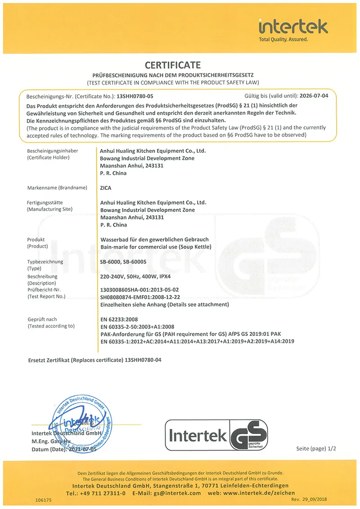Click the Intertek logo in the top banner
pyautogui.click(x=293, y=27)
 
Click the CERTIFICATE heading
pyautogui.click(x=173, y=65)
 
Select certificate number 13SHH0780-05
pyautogui.click(x=135, y=96)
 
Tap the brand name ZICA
pyautogui.click(x=106, y=188)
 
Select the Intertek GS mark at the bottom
pyautogui.click(x=217, y=436)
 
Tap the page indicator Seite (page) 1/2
pyautogui.click(x=316, y=449)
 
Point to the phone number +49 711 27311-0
pyautogui.click(x=103, y=493)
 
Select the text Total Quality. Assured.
pyautogui.click(x=283, y=40)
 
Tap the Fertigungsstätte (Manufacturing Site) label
pyautogui.click(x=49, y=206)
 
